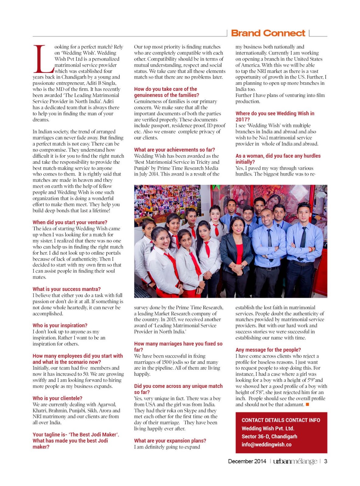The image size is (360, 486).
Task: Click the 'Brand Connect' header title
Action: (268, 33)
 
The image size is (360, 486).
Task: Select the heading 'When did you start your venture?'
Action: (70, 222)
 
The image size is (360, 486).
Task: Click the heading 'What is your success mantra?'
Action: (67, 289)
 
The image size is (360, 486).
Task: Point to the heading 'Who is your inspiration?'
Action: (60, 325)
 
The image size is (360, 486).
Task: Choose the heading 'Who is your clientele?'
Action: (57, 398)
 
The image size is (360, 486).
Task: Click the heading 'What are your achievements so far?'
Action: (175, 150)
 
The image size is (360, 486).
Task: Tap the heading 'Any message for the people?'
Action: (268, 350)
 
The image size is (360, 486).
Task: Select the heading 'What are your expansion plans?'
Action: (170, 441)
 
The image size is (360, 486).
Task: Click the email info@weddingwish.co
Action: (266, 445)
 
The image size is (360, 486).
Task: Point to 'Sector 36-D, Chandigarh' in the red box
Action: (269, 436)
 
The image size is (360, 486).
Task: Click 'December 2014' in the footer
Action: (247, 461)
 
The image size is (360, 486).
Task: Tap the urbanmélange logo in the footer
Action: (295, 461)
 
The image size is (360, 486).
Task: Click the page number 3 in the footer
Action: (326, 461)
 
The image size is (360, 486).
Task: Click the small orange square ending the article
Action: (307, 405)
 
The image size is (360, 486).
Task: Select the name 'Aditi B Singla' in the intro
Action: (101, 83)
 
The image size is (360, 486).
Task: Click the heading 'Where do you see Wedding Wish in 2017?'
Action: (275, 116)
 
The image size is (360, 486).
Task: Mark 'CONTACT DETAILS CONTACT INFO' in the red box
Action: (281, 420)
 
